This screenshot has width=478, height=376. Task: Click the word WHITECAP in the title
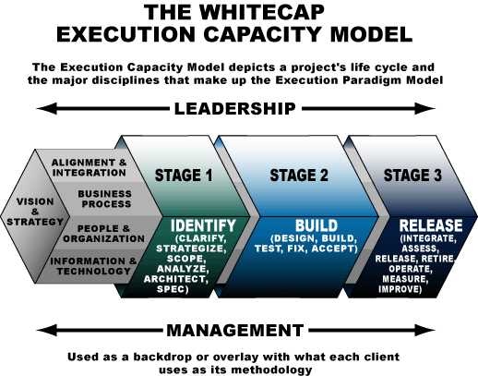(x=261, y=12)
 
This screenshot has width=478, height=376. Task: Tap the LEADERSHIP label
(x=235, y=109)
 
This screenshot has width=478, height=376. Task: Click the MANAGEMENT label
(x=235, y=331)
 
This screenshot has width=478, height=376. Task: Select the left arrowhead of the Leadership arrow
(x=47, y=108)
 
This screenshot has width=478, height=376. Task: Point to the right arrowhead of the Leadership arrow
(x=424, y=108)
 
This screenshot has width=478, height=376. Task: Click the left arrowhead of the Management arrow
(x=47, y=330)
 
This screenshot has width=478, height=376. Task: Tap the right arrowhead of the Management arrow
(x=424, y=330)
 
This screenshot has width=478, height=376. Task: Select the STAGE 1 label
(x=184, y=176)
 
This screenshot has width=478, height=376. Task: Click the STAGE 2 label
(x=299, y=176)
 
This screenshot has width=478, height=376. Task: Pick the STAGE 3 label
(x=412, y=176)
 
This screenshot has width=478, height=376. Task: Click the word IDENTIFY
(x=203, y=225)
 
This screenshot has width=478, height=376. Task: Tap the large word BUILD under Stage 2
(x=317, y=225)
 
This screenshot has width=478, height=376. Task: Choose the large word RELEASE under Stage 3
(x=431, y=225)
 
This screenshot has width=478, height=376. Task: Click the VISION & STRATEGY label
(x=35, y=212)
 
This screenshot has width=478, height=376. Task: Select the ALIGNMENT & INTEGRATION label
(x=90, y=167)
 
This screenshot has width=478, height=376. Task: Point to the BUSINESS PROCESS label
(x=105, y=199)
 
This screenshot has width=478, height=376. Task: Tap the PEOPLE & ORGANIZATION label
(x=103, y=234)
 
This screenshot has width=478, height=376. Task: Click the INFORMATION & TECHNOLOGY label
(x=93, y=266)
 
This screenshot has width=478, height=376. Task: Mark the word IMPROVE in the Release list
(x=400, y=289)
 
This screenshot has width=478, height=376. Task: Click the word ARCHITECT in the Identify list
(x=176, y=279)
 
